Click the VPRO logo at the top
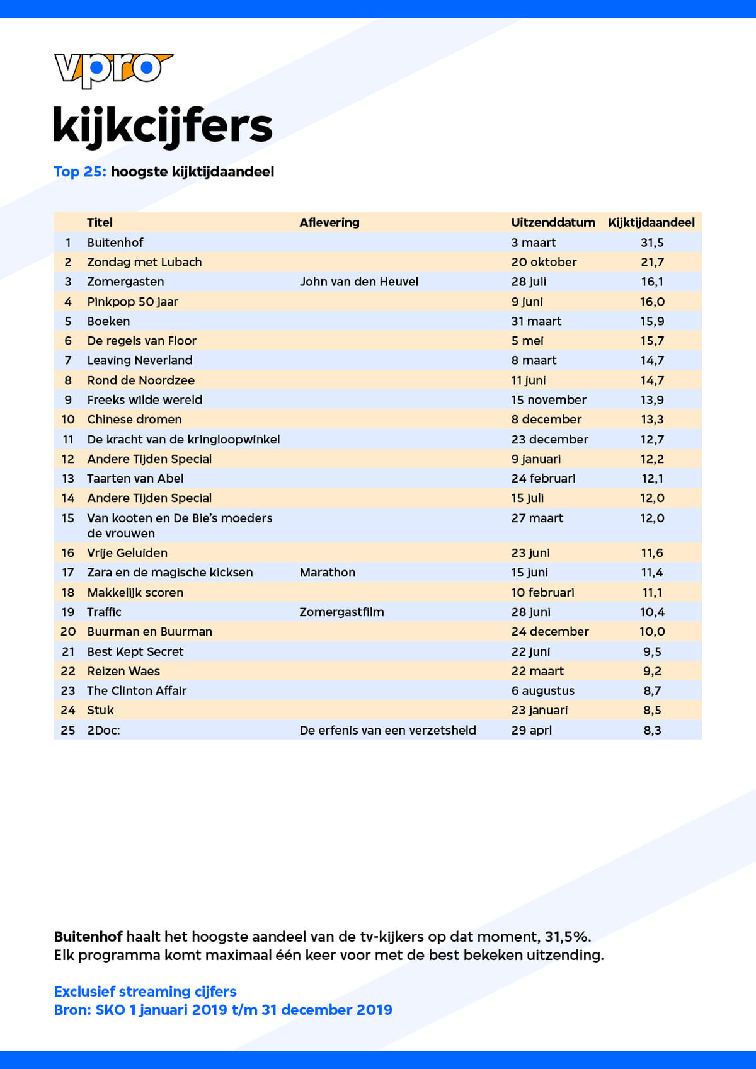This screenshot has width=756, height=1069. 113,69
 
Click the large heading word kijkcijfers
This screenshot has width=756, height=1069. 163,126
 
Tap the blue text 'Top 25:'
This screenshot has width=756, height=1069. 79,171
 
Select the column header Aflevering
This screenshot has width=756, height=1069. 329,222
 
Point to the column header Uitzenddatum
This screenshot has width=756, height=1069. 553,222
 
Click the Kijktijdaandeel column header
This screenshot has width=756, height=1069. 651,222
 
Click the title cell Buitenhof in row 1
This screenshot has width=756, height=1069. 115,243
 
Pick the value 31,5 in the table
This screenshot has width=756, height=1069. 652,243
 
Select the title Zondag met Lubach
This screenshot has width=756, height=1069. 144,262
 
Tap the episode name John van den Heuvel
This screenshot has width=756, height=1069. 358,282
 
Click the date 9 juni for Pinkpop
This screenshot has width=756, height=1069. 527,302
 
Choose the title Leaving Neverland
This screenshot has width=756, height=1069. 140,360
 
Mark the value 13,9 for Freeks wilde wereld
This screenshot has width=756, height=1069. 652,400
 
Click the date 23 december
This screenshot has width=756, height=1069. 549,440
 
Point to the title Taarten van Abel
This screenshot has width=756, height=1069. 135,479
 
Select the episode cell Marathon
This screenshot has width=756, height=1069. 327,573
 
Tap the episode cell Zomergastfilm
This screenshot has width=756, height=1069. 341,612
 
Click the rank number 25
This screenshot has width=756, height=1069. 68,730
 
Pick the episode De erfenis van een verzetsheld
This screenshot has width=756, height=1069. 387,730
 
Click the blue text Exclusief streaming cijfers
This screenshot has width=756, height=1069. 145,992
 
